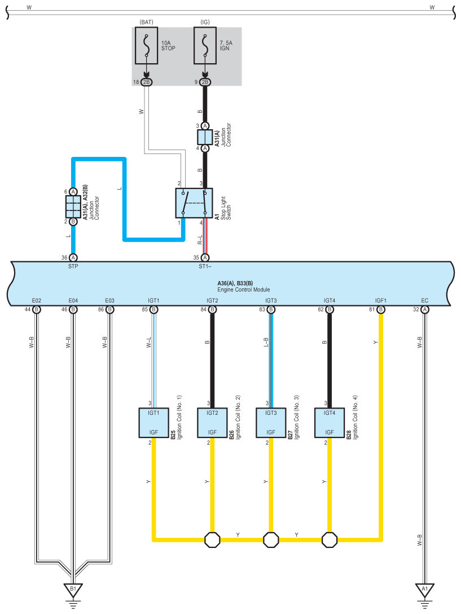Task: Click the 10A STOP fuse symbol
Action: [x=147, y=45]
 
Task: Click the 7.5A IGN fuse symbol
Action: [x=205, y=45]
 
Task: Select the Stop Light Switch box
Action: [x=194, y=203]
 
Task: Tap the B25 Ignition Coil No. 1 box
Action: [x=153, y=423]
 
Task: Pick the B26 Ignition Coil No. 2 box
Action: [x=212, y=423]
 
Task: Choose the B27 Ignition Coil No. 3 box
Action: [x=271, y=423]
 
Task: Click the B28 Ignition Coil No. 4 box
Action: [x=330, y=423]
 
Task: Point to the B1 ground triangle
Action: [x=73, y=590]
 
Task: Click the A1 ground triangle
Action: [x=424, y=590]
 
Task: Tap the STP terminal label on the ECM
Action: [x=73, y=266]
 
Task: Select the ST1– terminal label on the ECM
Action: [x=205, y=266]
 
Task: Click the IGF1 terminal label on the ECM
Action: [x=381, y=300]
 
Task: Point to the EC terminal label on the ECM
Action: [x=424, y=300]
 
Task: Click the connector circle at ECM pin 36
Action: [x=73, y=258]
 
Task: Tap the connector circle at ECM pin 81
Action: [x=381, y=309]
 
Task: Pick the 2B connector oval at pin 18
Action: [x=147, y=82]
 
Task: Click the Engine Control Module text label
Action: [x=244, y=290]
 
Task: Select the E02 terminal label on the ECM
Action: [x=37, y=300]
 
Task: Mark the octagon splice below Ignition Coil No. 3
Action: [x=271, y=540]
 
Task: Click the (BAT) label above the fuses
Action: [x=147, y=22]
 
